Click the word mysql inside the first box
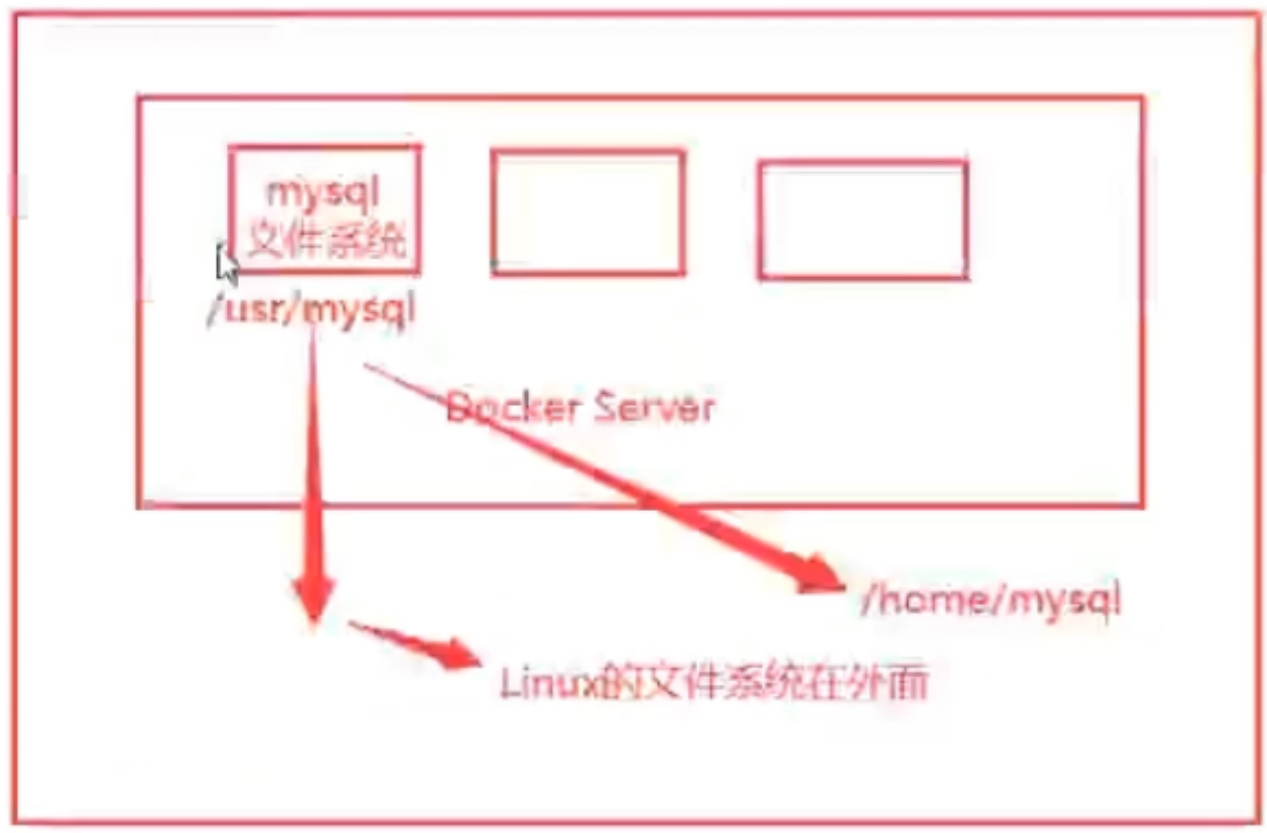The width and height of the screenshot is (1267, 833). pos(323,192)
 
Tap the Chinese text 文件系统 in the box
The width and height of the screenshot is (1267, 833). pos(327,239)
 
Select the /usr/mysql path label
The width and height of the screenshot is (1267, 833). pos(312,309)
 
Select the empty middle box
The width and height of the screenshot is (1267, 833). pos(588,213)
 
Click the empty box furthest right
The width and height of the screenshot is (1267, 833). pos(863,220)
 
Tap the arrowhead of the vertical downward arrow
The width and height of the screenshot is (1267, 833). pos(314,598)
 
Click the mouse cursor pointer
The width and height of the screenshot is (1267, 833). pos(226,264)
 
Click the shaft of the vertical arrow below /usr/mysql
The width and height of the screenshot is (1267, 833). pos(314,455)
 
